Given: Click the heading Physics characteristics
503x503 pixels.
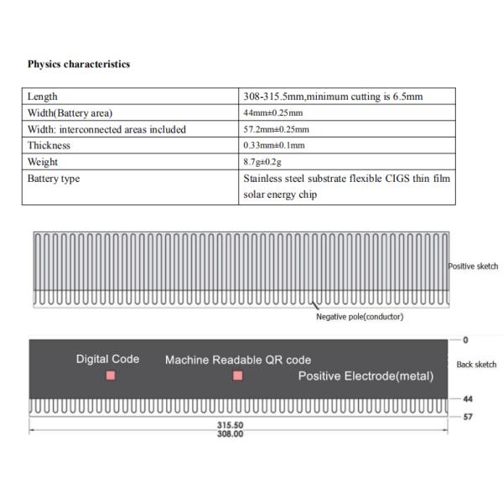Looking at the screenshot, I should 79,64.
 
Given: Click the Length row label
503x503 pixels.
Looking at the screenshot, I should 43,96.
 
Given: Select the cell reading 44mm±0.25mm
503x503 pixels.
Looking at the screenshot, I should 272,113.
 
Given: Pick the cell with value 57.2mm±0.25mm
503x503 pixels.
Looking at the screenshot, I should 276,129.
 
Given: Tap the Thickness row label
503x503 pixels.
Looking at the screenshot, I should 49,145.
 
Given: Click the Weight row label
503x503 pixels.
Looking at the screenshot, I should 44,162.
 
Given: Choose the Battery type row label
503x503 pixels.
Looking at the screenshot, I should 54,179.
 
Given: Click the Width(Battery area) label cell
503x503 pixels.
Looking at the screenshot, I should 70,113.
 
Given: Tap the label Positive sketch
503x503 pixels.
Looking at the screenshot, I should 473,267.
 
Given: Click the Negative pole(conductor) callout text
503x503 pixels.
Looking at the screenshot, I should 360,317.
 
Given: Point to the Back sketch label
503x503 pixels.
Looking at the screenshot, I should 476,365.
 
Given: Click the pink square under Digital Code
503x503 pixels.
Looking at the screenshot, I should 110,376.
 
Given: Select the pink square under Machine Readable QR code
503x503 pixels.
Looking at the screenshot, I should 237,376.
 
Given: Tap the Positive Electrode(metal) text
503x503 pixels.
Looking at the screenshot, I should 366,376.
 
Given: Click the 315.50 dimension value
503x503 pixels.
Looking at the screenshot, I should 231,426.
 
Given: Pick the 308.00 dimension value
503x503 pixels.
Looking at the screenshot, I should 231,434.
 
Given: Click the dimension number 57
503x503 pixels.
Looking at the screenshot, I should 468,415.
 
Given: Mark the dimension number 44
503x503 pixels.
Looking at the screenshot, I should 468,399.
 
